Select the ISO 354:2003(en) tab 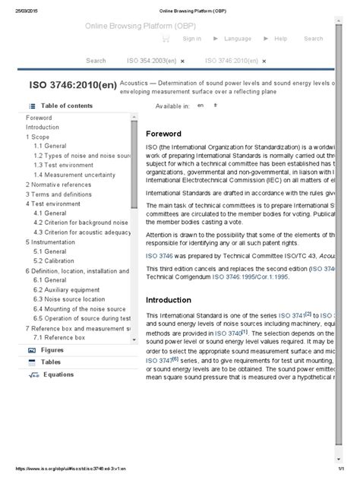152,60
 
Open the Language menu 237,38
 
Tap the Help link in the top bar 280,38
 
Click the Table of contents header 67,106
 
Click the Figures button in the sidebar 52,350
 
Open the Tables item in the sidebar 51,362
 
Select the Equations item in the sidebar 58,374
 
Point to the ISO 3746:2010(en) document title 72,85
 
